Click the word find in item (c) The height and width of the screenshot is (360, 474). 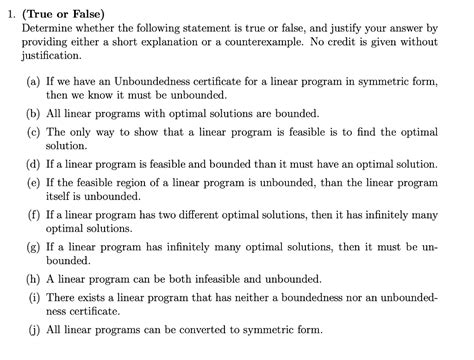[x=369, y=132]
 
